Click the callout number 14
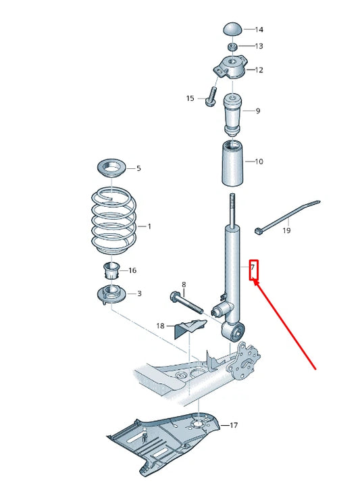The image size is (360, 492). pyautogui.click(x=259, y=30)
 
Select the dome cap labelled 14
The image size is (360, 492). pyautogui.click(x=233, y=29)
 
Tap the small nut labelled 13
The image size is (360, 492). pyautogui.click(x=232, y=46)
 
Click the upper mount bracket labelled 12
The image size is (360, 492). pyautogui.click(x=230, y=70)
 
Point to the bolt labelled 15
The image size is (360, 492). pyautogui.click(x=211, y=94)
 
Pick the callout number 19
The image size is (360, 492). pyautogui.click(x=286, y=230)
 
